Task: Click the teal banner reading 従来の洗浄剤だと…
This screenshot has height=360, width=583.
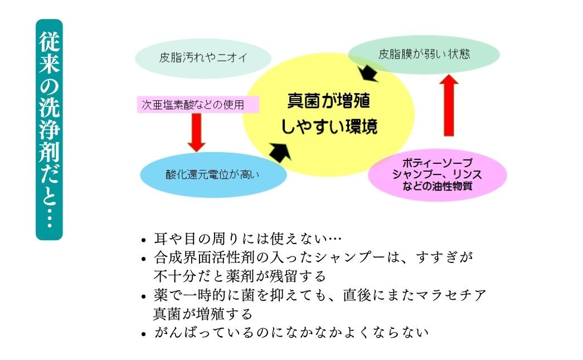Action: [x=49, y=129]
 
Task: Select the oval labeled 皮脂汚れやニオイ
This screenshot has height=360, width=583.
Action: [x=203, y=57]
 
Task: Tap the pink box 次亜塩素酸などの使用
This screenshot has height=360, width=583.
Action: [x=198, y=104]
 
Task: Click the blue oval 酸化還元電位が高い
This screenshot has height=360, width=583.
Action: [x=213, y=174]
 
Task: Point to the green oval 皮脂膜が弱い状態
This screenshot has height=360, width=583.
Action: [x=424, y=55]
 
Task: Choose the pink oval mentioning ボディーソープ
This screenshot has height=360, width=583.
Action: [x=438, y=174]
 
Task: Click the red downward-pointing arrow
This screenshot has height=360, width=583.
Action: [x=196, y=132]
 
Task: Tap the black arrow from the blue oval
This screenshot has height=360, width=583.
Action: [x=280, y=150]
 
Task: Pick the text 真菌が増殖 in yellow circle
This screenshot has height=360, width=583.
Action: [x=328, y=101]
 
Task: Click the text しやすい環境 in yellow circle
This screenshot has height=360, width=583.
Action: [x=329, y=127]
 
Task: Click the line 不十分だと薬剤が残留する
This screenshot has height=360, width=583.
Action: [x=239, y=276]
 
